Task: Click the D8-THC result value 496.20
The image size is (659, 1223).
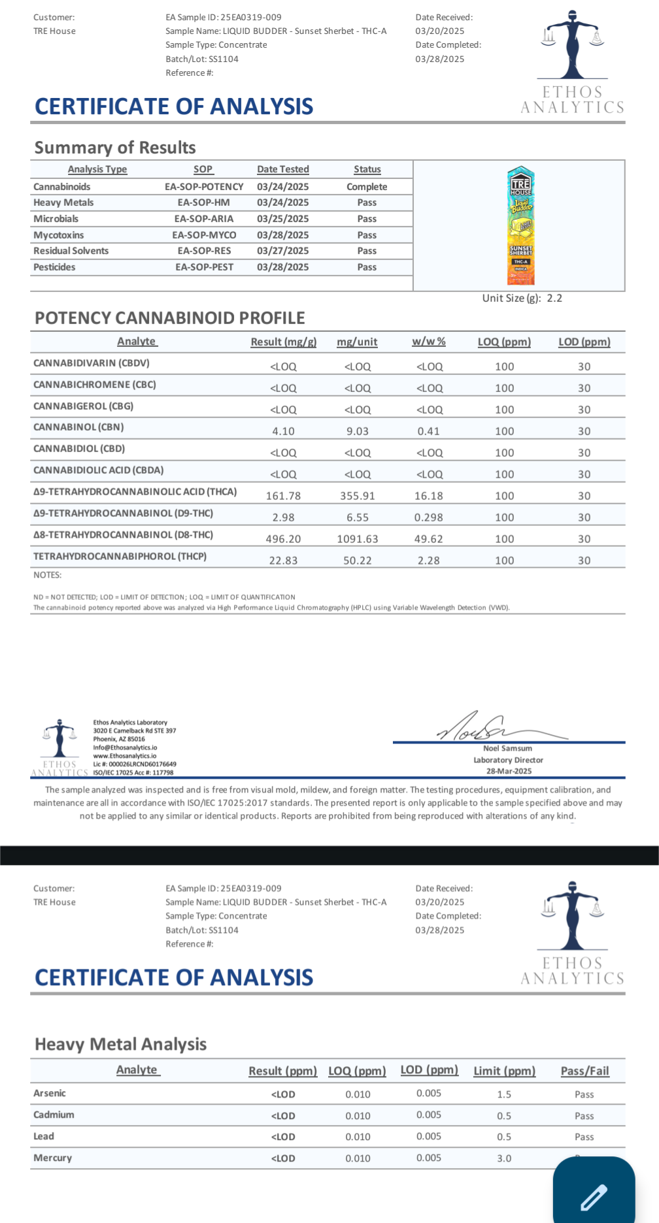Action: pos(283,539)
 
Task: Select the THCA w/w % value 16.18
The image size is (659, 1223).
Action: pos(428,496)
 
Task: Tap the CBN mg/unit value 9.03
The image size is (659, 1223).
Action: pos(357,431)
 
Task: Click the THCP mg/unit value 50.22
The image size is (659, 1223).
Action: pos(357,561)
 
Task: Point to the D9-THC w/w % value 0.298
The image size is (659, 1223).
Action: pos(428,517)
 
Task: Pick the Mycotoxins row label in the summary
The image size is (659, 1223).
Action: pos(59,235)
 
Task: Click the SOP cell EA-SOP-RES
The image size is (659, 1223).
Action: pos(204,251)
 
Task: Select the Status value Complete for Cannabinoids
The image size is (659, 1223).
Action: pos(367,187)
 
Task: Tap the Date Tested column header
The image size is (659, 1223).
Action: pos(282,169)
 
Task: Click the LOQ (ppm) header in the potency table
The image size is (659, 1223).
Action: pos(504,342)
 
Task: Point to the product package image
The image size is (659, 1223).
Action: pos(521,225)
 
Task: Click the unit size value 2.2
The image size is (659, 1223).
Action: pos(554,299)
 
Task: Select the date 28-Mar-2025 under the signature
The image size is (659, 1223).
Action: pos(509,771)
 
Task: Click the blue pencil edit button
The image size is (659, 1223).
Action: pos(594,1195)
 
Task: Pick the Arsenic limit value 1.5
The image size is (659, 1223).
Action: pos(504,1094)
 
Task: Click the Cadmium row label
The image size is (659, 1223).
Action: pos(54,1115)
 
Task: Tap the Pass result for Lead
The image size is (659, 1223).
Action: pos(584,1137)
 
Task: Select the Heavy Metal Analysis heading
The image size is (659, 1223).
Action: pos(120,1044)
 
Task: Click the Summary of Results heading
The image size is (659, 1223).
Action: pos(115,148)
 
